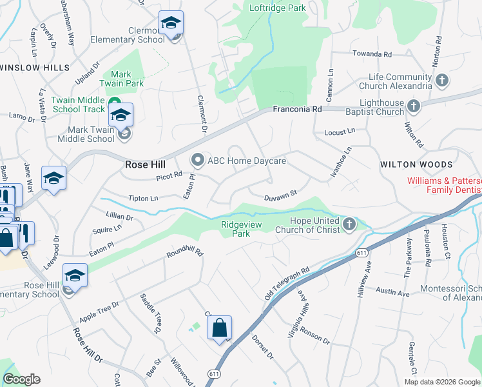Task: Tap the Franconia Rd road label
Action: [297, 110]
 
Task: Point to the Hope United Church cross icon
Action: [349, 224]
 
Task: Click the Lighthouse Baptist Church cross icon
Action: [414, 104]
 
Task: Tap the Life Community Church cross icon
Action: [442, 81]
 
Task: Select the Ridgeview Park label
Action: [244, 229]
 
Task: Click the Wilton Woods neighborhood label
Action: [416, 164]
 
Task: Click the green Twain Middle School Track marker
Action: [114, 103]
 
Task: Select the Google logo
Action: [21, 379]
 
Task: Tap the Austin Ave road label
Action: [393, 293]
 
